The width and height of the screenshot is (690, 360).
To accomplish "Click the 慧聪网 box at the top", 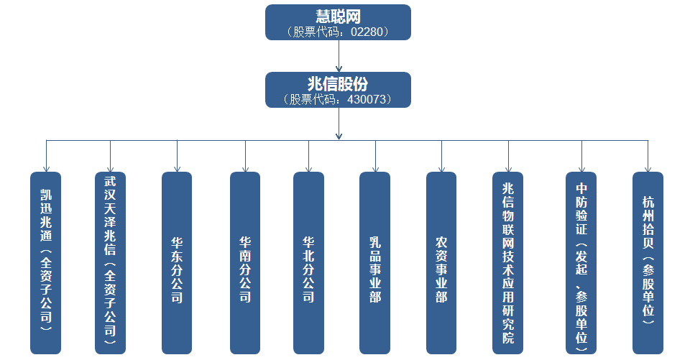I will [338, 22].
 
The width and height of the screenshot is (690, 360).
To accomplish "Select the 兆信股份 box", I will [338, 89].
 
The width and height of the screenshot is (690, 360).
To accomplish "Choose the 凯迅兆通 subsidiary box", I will [46, 262].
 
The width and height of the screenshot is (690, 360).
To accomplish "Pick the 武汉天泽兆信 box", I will [110, 262].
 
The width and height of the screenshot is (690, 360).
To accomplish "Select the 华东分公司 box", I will [177, 262].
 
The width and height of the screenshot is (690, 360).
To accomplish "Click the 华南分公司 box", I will [245, 262].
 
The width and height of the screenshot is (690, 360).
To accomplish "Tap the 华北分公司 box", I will [308, 262].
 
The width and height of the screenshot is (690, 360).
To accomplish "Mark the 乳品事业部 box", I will [374, 262].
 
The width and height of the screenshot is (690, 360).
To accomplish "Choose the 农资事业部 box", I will [441, 262].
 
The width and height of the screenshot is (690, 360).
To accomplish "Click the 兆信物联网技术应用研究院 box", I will [508, 262].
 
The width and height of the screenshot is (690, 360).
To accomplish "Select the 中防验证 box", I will [581, 262].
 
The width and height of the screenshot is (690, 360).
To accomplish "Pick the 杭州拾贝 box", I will [648, 262].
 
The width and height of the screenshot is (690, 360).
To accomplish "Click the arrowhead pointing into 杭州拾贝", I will [648, 167].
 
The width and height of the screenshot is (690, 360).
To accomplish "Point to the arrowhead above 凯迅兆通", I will [46, 167].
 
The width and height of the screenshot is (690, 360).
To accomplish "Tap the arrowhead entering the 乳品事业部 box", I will [374, 167].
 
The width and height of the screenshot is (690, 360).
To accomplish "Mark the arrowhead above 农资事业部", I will [441, 167].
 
